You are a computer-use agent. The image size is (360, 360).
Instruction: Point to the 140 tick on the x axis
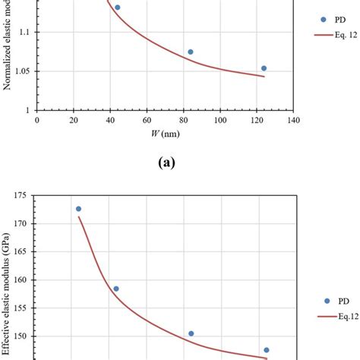tap(294, 120)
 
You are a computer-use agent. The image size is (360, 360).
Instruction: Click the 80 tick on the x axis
tap(184, 120)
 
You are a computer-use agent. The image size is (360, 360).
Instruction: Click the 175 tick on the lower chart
tap(22, 195)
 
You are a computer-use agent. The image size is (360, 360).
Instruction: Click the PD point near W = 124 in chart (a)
tap(264, 68)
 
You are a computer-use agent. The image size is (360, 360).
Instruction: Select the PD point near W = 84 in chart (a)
tap(191, 52)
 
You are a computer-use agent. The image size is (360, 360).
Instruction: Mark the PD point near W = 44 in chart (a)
tap(117, 7)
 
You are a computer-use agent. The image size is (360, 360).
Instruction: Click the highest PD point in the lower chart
tap(78, 208)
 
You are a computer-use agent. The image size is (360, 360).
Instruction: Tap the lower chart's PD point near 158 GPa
tap(116, 289)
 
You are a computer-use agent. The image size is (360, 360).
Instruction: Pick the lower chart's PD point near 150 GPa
tap(191, 333)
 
